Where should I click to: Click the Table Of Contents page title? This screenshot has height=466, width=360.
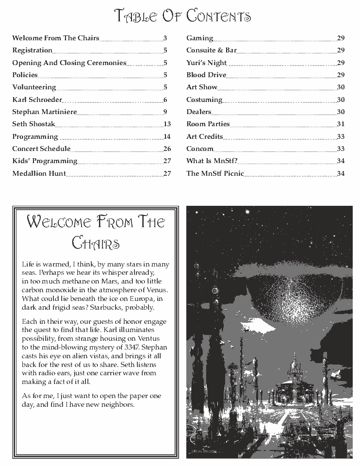pyautogui.click(x=182, y=16)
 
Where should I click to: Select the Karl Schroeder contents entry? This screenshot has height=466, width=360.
pyautogui.click(x=37, y=100)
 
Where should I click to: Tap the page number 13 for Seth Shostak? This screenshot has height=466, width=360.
pyautogui.click(x=167, y=124)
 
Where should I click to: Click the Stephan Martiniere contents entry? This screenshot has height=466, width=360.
pyautogui.click(x=44, y=112)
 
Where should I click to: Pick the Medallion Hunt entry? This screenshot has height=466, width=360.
pyautogui.click(x=39, y=173)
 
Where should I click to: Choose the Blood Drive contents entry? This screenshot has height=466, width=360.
pyautogui.click(x=206, y=75)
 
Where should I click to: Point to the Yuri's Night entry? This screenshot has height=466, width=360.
pyautogui.click(x=207, y=63)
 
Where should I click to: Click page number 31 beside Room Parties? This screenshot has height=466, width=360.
pyautogui.click(x=341, y=124)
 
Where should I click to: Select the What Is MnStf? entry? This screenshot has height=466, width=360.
pyautogui.click(x=212, y=161)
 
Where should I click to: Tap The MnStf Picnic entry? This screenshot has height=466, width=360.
pyautogui.click(x=215, y=173)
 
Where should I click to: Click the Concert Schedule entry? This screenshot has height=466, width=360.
pyautogui.click(x=41, y=149)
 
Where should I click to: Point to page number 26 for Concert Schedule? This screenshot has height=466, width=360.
pyautogui.click(x=167, y=149)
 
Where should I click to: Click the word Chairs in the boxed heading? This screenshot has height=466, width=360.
pyautogui.click(x=96, y=242)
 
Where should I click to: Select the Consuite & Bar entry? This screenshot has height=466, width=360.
pyautogui.click(x=212, y=50)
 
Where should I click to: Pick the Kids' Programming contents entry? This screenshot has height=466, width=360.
pyautogui.click(x=45, y=161)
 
